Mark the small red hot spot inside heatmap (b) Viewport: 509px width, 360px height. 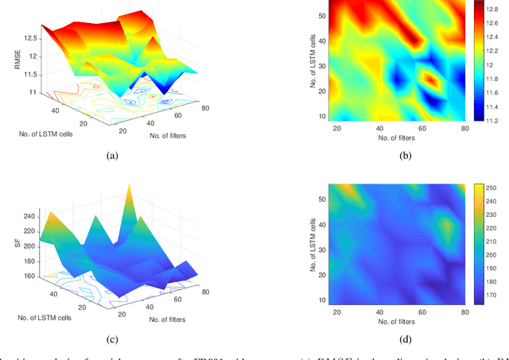(430, 80)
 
